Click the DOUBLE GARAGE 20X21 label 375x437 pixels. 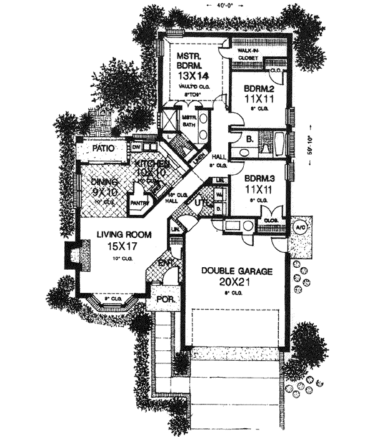point(236,276)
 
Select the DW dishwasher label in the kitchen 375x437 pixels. point(136,147)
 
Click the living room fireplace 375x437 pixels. point(73,255)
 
